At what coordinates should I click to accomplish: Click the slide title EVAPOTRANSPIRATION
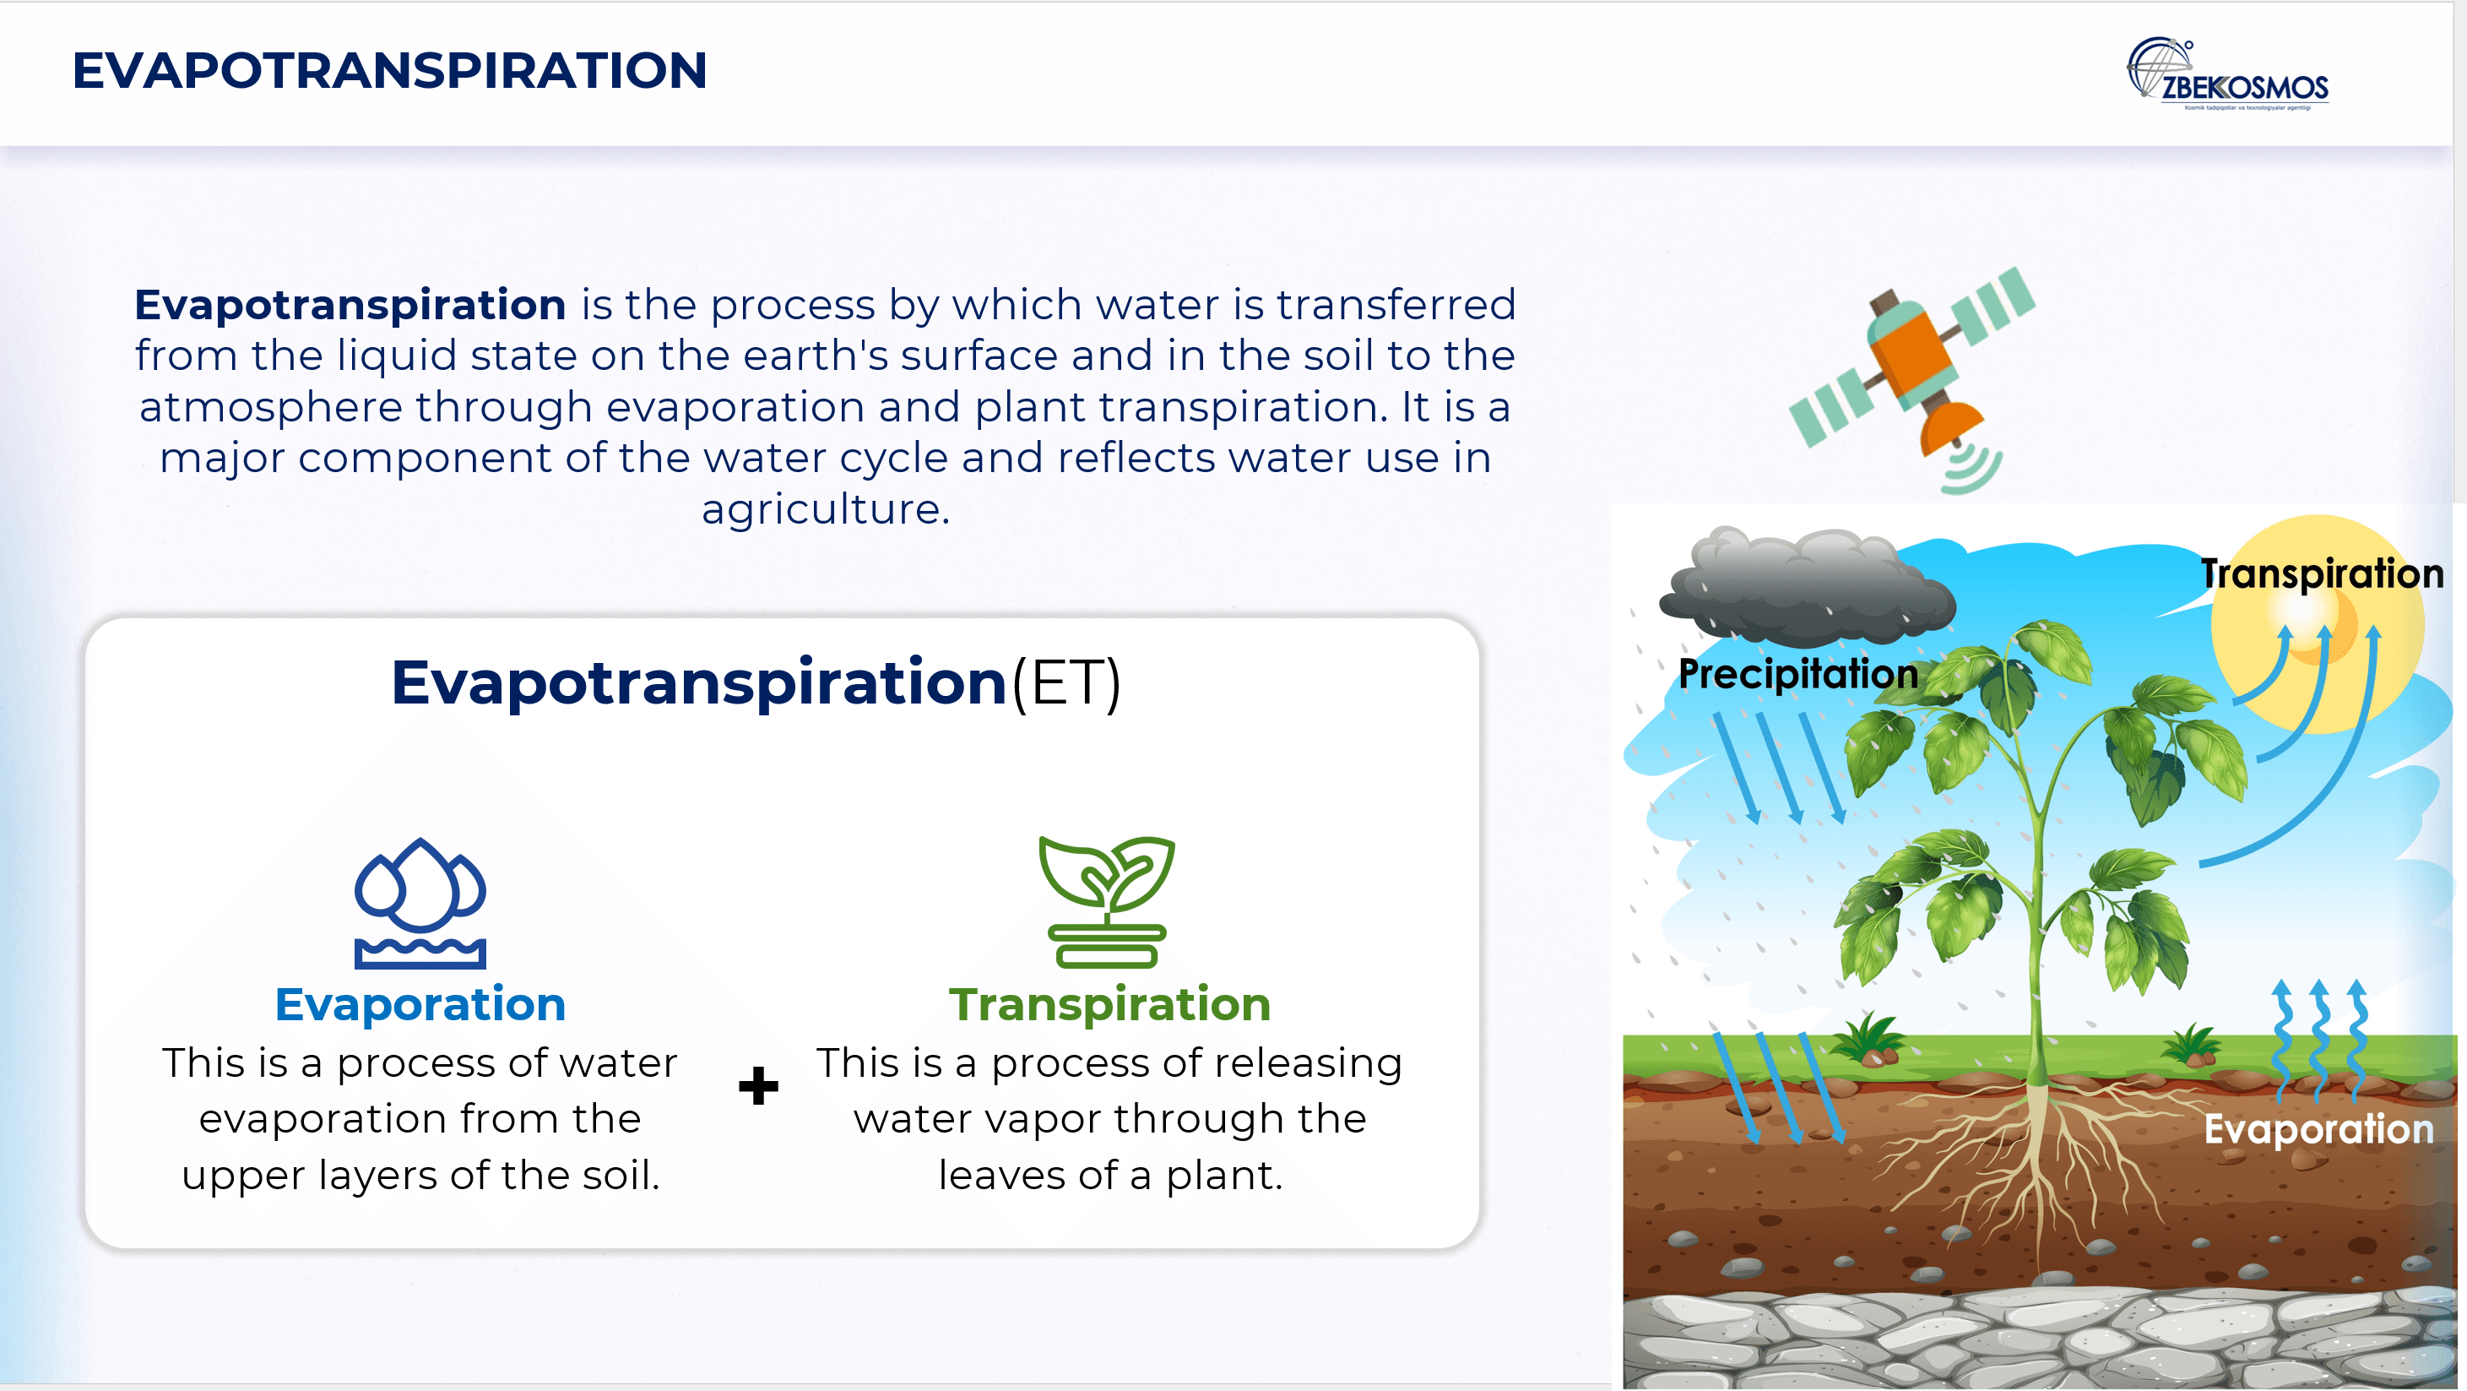(390, 71)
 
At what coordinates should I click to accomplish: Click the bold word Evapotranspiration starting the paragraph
(350, 305)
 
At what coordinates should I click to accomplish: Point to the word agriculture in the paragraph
(826, 508)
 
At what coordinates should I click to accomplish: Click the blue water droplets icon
(420, 904)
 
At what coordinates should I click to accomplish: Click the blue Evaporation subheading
(420, 1004)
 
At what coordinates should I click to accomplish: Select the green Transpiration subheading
(1110, 1004)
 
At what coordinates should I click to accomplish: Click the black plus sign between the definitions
(758, 1085)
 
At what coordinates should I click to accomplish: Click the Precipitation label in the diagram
(1798, 673)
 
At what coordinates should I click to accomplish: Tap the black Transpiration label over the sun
(2322, 573)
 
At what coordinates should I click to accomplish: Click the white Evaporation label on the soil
(2318, 1128)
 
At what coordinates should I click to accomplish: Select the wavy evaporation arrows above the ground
(2319, 1040)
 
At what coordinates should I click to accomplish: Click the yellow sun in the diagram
(2318, 622)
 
